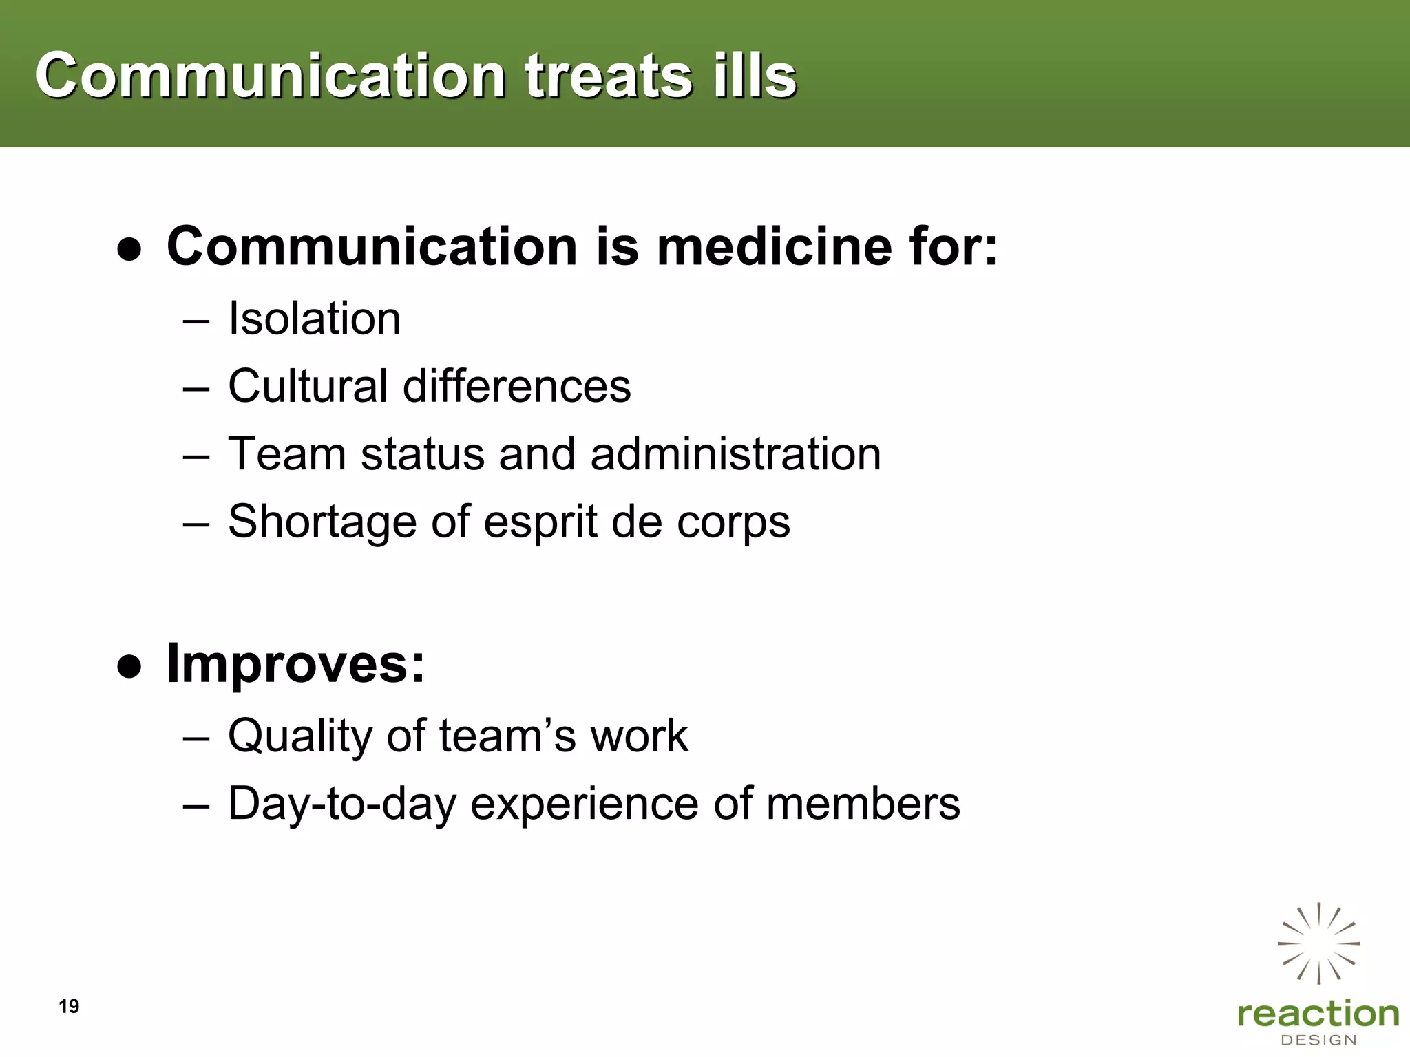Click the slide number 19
tap(69, 1006)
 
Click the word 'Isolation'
tap(314, 319)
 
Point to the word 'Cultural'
tap(308, 385)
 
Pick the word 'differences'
tap(516, 385)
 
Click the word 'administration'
tap(735, 454)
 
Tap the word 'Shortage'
tap(322, 522)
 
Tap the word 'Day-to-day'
tap(341, 804)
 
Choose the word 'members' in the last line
tap(863, 804)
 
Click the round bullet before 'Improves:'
tap(129, 667)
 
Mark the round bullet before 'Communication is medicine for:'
tap(129, 249)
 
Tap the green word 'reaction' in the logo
tap(1318, 1014)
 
